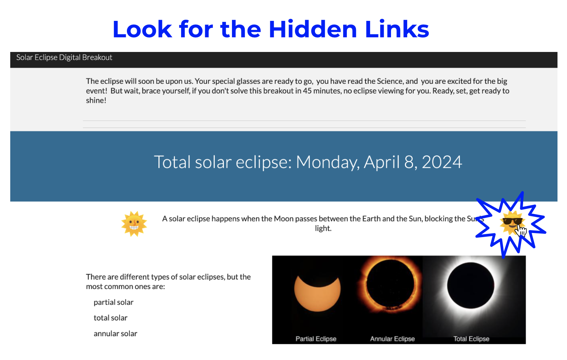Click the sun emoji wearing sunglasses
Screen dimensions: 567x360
point(512,223)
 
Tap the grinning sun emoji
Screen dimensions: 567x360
point(134,224)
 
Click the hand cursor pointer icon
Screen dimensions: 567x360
point(522,231)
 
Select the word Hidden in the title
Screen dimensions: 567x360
point(313,29)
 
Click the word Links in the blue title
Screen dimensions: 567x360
point(397,29)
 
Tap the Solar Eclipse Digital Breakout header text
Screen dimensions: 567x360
point(64,57)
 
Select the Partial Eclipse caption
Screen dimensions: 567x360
point(316,339)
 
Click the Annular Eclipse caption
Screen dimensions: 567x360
point(393,339)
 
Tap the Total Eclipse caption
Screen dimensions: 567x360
point(471,339)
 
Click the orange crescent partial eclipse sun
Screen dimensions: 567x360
point(317,299)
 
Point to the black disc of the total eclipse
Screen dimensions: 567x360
point(470,285)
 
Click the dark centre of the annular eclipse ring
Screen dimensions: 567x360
point(390,284)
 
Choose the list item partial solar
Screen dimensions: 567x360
point(113,302)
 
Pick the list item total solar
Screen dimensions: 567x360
point(110,318)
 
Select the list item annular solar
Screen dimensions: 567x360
point(116,333)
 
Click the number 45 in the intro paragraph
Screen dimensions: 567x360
point(307,91)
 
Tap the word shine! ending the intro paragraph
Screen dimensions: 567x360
point(96,100)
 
